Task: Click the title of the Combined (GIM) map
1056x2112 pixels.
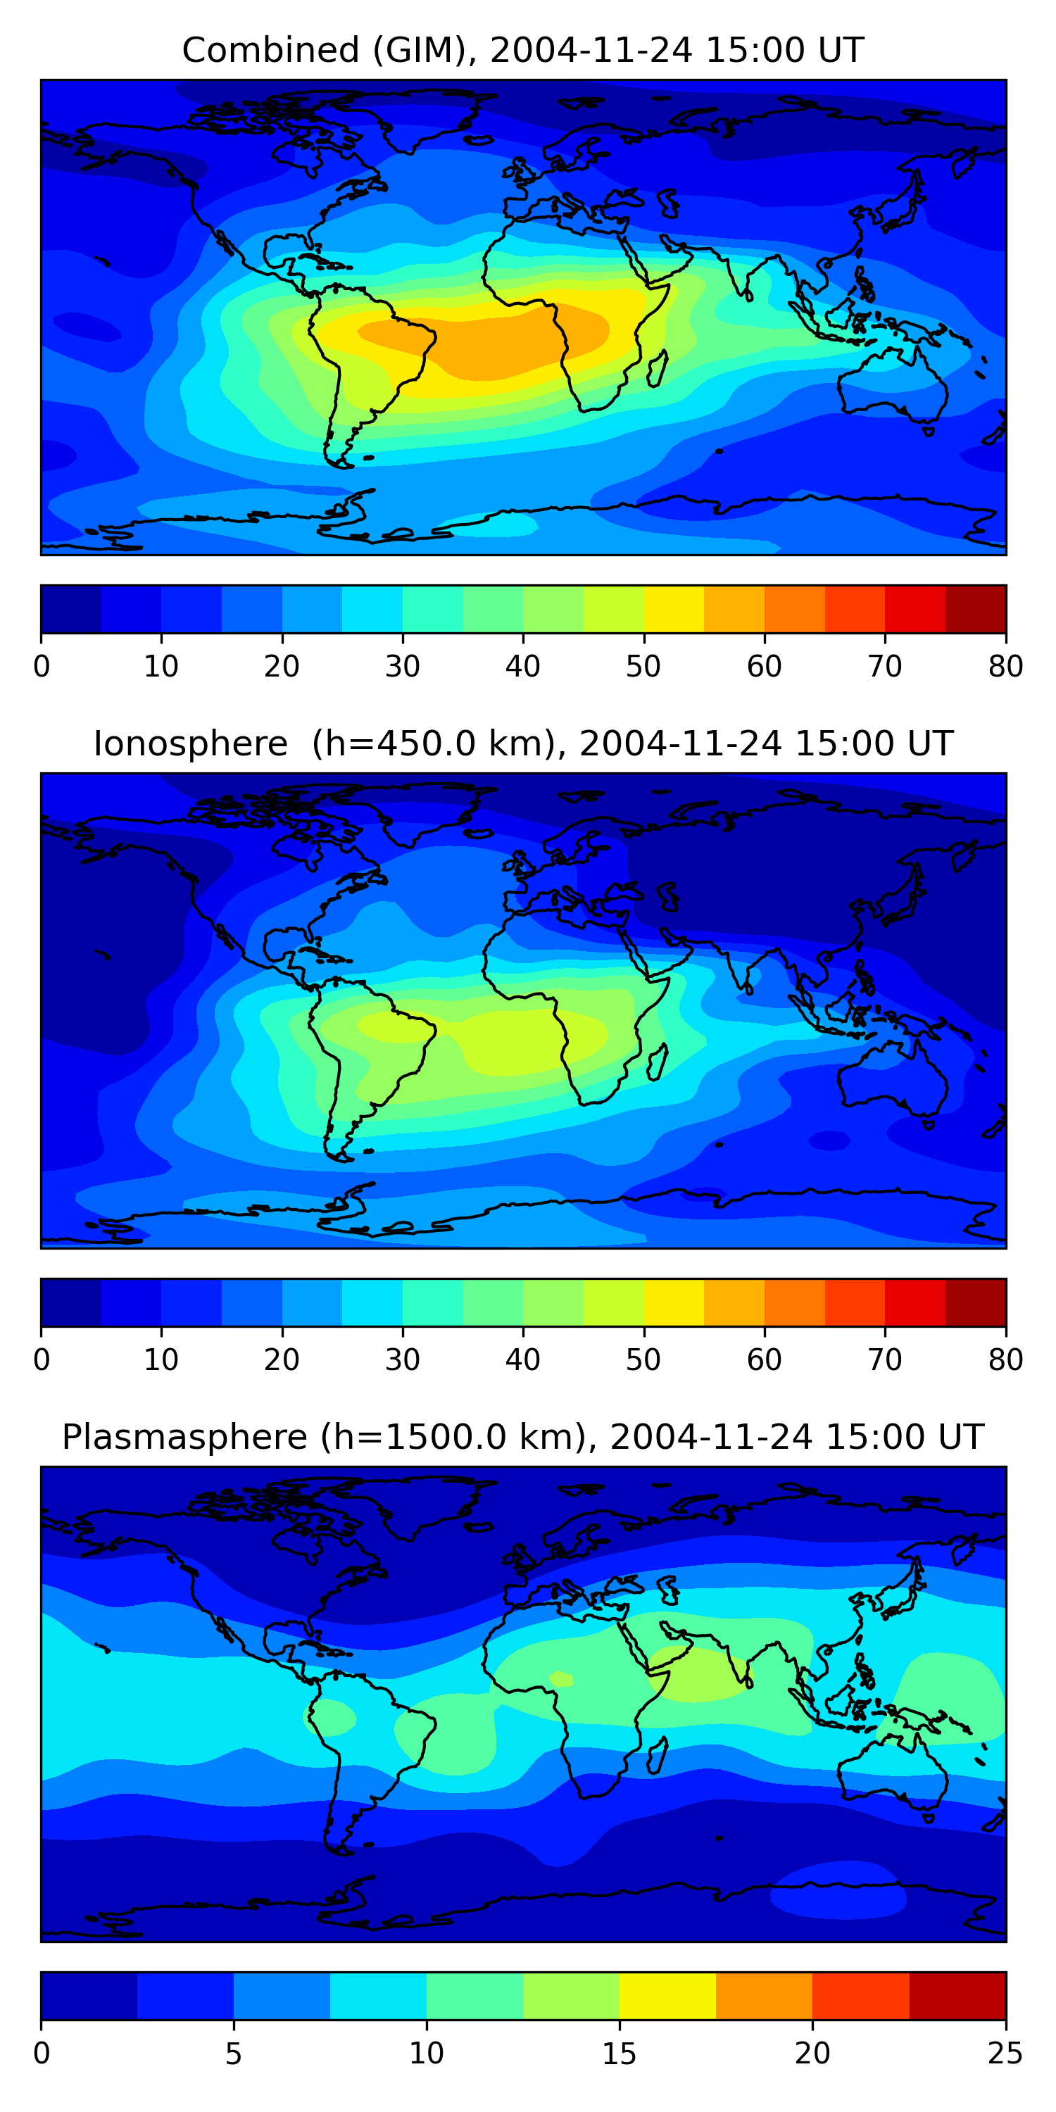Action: click(x=522, y=50)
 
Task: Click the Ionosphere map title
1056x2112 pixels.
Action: click(x=522, y=743)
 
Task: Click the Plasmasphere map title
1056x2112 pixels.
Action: click(x=522, y=1438)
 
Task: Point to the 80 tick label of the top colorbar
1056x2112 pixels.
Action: click(x=1005, y=667)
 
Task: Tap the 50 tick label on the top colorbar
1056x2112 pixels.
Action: click(x=643, y=667)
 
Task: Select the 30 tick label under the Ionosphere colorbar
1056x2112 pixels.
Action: click(x=403, y=1360)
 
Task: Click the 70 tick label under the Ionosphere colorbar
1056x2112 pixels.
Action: click(x=885, y=1360)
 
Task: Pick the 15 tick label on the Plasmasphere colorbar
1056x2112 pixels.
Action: click(x=619, y=2054)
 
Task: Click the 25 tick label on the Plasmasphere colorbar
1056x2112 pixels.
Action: click(x=1005, y=2054)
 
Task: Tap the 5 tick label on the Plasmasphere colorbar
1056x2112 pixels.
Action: click(x=234, y=2054)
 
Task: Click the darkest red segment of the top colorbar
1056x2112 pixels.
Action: click(x=976, y=609)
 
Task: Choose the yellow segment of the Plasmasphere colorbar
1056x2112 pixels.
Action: click(x=667, y=1997)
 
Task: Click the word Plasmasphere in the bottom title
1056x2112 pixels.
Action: click(x=184, y=1438)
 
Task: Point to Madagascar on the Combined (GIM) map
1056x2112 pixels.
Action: click(x=658, y=369)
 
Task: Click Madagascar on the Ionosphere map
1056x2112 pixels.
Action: click(x=658, y=1062)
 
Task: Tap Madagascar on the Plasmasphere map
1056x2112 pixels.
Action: click(x=658, y=1755)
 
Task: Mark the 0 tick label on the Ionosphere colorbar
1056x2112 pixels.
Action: click(x=42, y=1360)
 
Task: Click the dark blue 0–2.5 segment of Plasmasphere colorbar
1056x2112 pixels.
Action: click(x=89, y=1997)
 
